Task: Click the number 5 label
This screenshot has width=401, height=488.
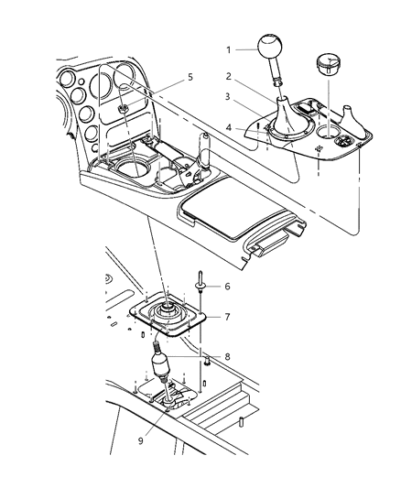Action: click(x=189, y=78)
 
